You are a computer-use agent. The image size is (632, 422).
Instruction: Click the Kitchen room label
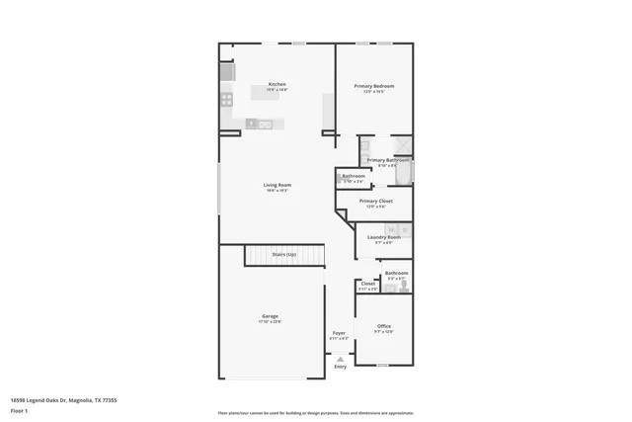[277, 85]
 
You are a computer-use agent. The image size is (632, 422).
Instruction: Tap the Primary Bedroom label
[374, 87]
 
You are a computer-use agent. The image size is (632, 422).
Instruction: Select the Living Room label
[276, 186]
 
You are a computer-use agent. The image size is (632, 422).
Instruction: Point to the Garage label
[270, 316]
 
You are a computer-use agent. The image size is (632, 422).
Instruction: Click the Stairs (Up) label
[284, 255]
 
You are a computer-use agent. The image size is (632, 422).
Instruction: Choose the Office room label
[384, 326]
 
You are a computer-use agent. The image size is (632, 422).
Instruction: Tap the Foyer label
[339, 333]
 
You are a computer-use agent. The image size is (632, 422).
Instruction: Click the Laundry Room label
[384, 237]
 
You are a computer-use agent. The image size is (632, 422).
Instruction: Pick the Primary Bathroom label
[388, 160]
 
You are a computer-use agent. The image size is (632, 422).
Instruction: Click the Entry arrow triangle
[340, 358]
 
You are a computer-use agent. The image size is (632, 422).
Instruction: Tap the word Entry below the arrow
[340, 367]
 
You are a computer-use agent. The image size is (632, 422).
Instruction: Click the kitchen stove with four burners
[226, 99]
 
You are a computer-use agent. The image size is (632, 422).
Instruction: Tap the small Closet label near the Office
[367, 284]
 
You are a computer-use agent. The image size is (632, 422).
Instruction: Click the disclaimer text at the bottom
[316, 413]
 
